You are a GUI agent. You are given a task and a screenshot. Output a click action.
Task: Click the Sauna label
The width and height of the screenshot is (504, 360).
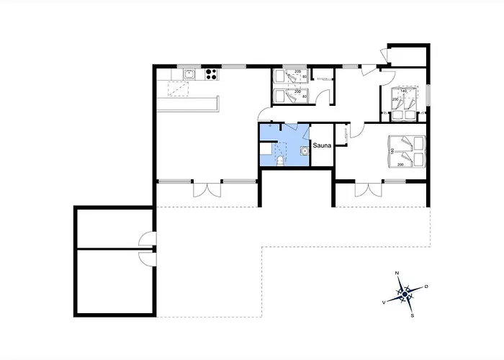tap(322, 145)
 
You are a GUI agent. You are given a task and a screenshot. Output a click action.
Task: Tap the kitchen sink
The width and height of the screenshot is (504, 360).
tap(189, 73)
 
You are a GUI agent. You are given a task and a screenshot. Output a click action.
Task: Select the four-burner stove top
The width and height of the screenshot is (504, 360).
tap(211, 72)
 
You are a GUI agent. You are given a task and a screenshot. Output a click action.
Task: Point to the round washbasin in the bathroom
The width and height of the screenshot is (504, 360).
tap(305, 151)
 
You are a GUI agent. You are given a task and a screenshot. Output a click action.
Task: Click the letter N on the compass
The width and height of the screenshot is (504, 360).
tap(397, 274)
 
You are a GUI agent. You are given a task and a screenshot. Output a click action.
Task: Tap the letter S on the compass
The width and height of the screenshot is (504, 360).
tap(412, 315)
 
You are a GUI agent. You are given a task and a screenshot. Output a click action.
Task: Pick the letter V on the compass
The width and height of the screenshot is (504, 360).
tap(383, 302)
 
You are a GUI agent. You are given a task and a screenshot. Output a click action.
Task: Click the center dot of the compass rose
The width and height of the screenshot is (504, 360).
tap(405, 294)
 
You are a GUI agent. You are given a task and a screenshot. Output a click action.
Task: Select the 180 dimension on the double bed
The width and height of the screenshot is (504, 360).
tap(392, 151)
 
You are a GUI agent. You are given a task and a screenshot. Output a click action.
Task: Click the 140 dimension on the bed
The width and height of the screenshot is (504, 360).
tap(403, 91)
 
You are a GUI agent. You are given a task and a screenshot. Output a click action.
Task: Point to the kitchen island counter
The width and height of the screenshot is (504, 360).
tap(186, 104)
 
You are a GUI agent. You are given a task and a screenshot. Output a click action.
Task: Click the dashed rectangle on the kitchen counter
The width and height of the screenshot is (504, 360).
tap(178, 88)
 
